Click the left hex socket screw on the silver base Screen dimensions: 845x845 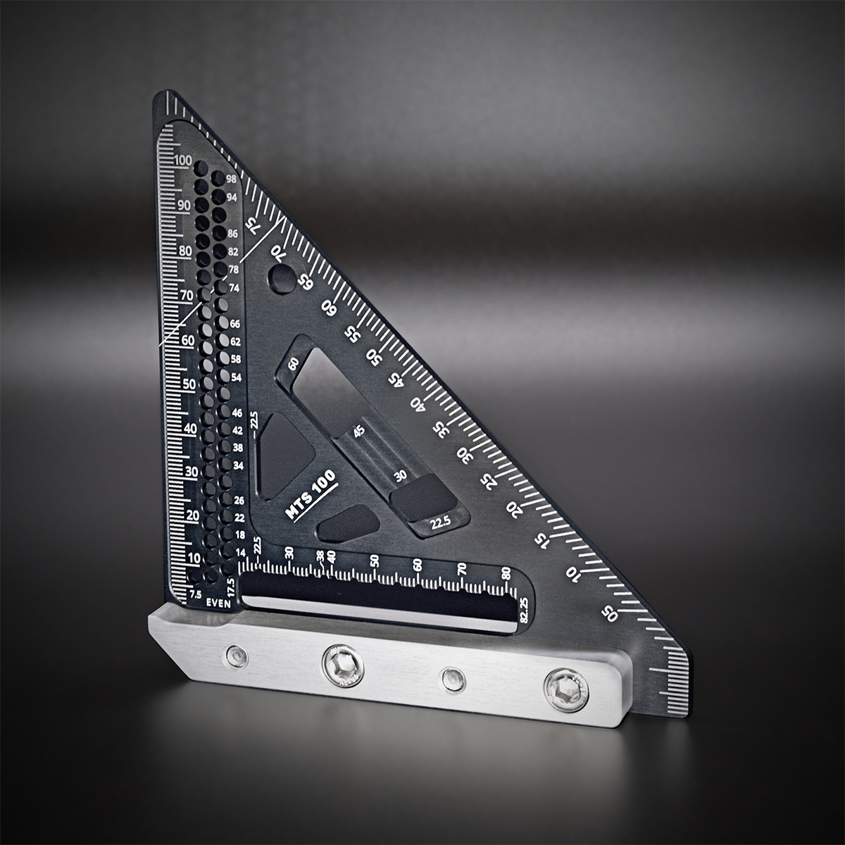[x=342, y=664]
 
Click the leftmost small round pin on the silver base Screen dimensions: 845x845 [x=234, y=657]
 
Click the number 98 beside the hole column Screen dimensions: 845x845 [x=231, y=179]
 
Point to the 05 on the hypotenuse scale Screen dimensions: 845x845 [x=610, y=613]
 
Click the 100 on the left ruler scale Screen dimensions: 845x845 [x=182, y=160]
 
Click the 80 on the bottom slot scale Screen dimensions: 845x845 [x=506, y=572]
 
